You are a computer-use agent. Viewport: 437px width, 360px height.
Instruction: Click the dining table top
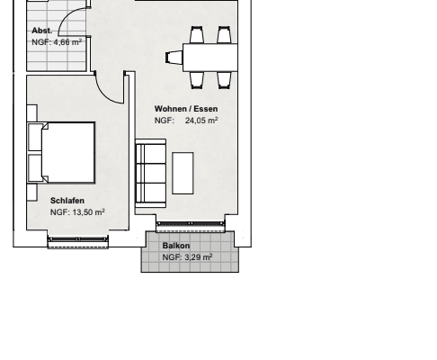[x=210, y=58]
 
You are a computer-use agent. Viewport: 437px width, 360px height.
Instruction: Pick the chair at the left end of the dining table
[x=173, y=58]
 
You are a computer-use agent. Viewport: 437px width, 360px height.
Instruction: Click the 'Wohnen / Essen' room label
[x=186, y=109]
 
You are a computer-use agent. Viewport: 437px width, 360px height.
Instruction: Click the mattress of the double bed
[x=68, y=151]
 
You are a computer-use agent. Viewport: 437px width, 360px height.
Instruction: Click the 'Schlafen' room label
[x=67, y=201]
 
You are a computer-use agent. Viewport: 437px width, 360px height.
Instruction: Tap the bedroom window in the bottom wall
[x=77, y=240]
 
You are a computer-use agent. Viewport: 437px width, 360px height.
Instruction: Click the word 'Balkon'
[x=175, y=246]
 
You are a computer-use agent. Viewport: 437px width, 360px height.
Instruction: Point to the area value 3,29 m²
[x=198, y=257]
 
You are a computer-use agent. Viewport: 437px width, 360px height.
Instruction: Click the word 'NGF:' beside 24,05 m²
[x=163, y=120]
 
